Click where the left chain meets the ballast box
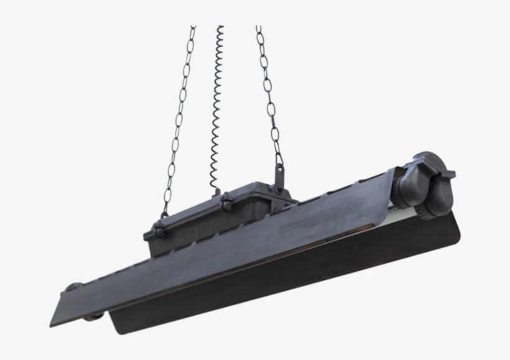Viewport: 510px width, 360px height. [x=164, y=215]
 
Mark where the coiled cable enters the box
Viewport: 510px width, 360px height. [x=216, y=187]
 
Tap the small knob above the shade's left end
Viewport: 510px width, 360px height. [x=74, y=288]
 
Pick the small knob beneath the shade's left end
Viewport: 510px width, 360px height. [x=93, y=316]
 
